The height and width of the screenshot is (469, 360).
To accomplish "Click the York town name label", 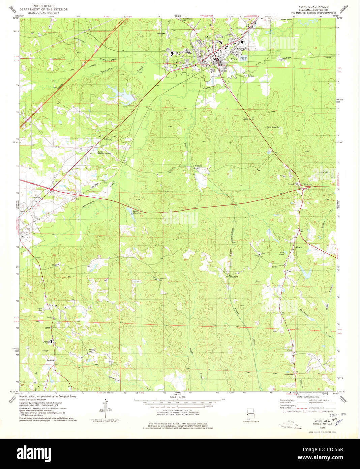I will [x=234, y=59].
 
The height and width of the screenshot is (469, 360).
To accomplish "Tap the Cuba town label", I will [x=28, y=229].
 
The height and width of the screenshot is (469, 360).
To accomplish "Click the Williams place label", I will [x=199, y=166].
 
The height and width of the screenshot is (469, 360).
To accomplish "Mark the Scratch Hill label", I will [x=291, y=184].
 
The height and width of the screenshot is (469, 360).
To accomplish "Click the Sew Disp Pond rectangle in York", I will [x=244, y=58].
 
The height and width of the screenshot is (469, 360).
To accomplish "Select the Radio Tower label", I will [x=161, y=33].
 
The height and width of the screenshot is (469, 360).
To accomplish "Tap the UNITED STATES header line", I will [x=43, y=6].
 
